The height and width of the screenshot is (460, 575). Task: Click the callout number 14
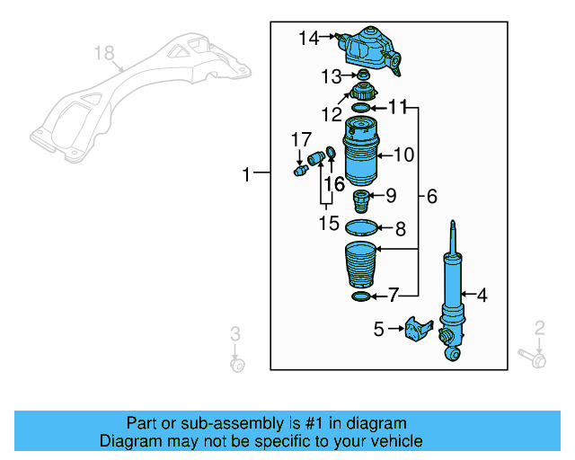(x=309, y=38)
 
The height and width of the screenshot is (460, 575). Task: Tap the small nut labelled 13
(x=364, y=75)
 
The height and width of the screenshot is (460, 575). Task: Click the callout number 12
(x=332, y=114)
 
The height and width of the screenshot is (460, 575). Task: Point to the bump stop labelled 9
(x=361, y=198)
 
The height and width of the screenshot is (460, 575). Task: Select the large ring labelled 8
(x=360, y=228)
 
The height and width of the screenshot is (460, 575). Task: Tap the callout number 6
(x=431, y=196)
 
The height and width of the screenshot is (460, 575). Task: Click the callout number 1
(x=247, y=174)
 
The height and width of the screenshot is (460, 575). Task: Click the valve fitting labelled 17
(x=300, y=168)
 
